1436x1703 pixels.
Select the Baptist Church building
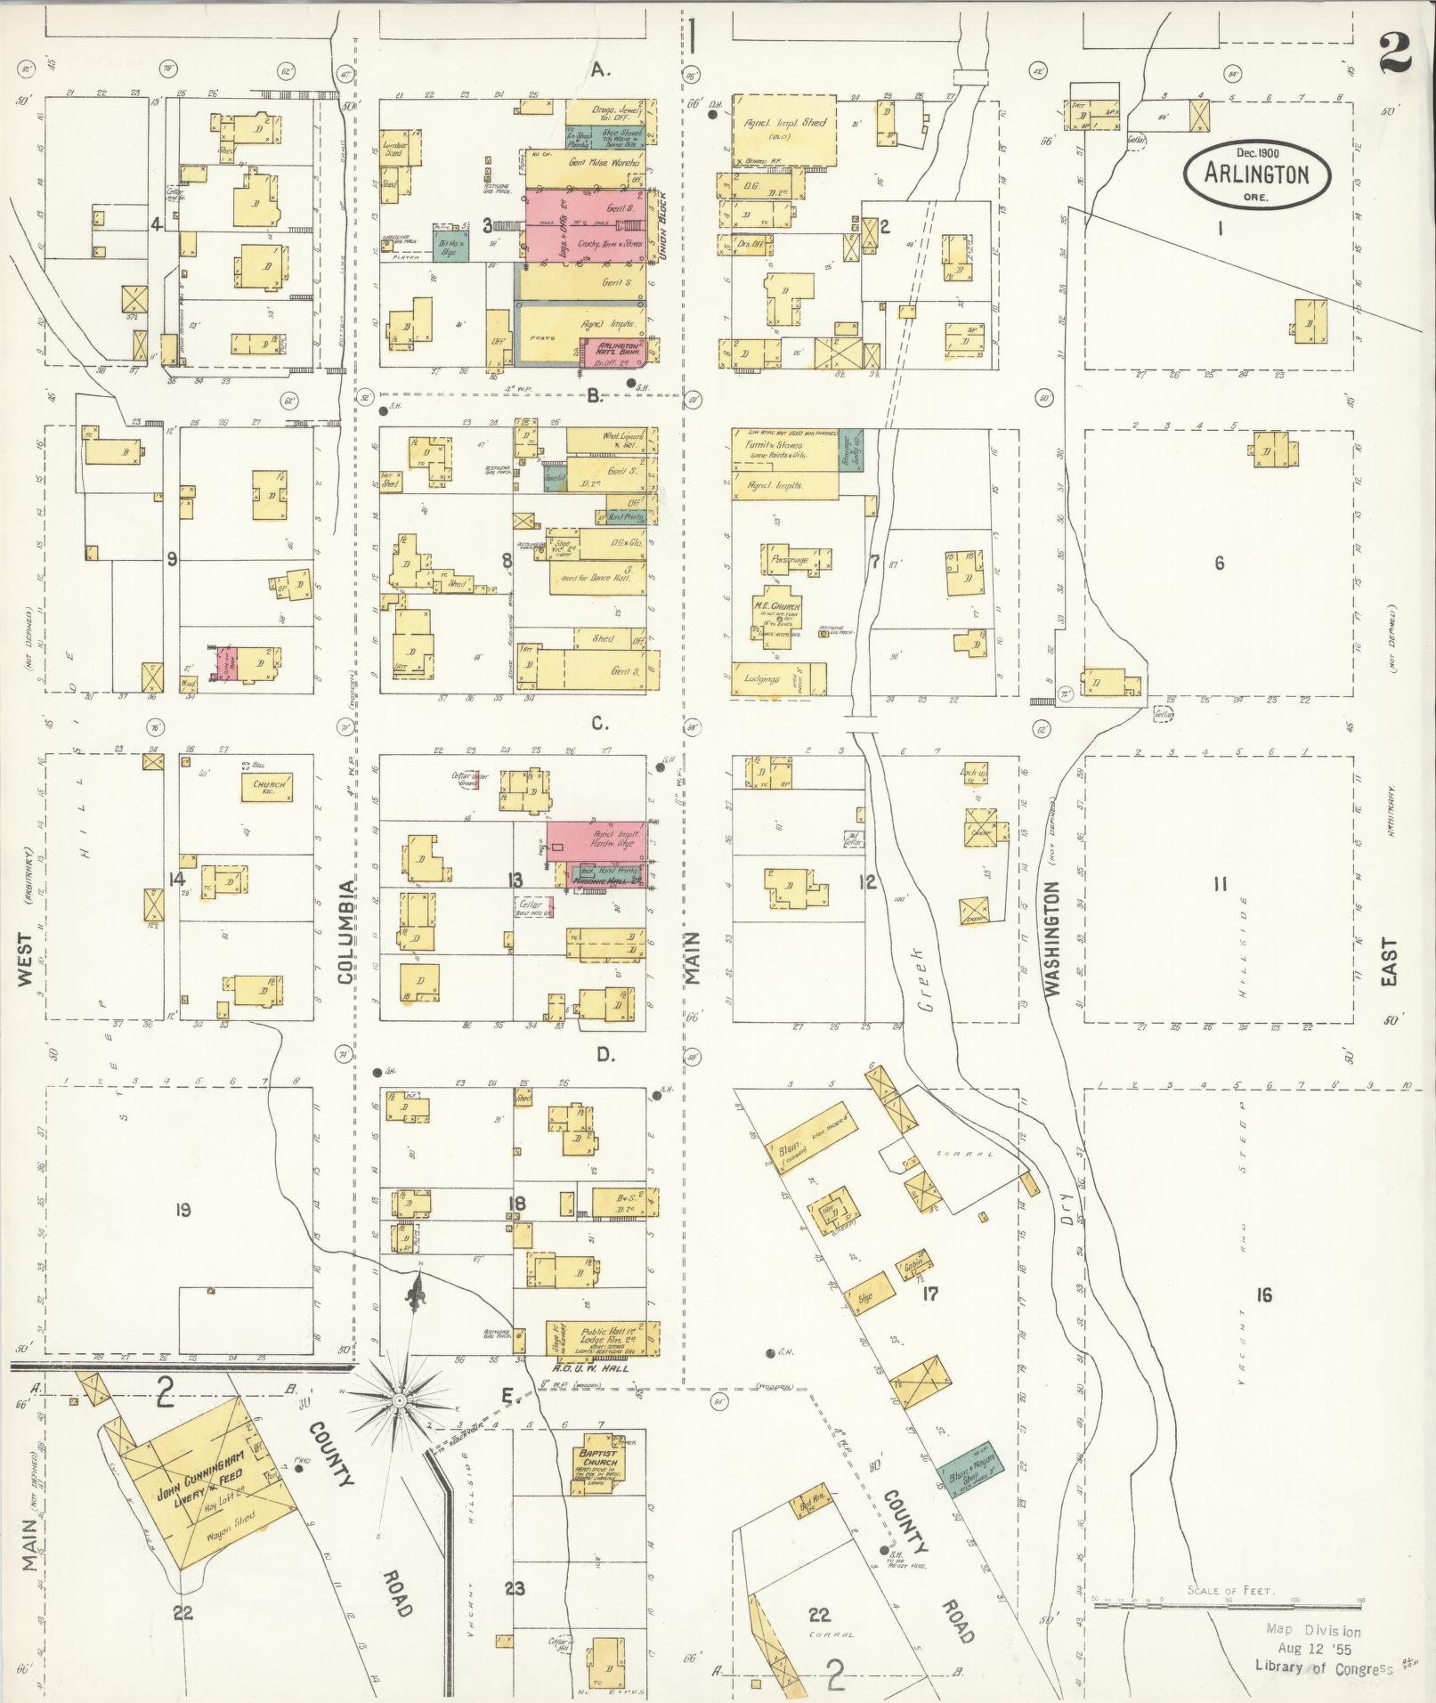pos(597,1460)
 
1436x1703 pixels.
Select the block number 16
pos(1263,1294)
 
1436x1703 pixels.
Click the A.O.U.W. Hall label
pos(590,1368)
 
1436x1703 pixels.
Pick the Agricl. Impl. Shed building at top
pos(784,129)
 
